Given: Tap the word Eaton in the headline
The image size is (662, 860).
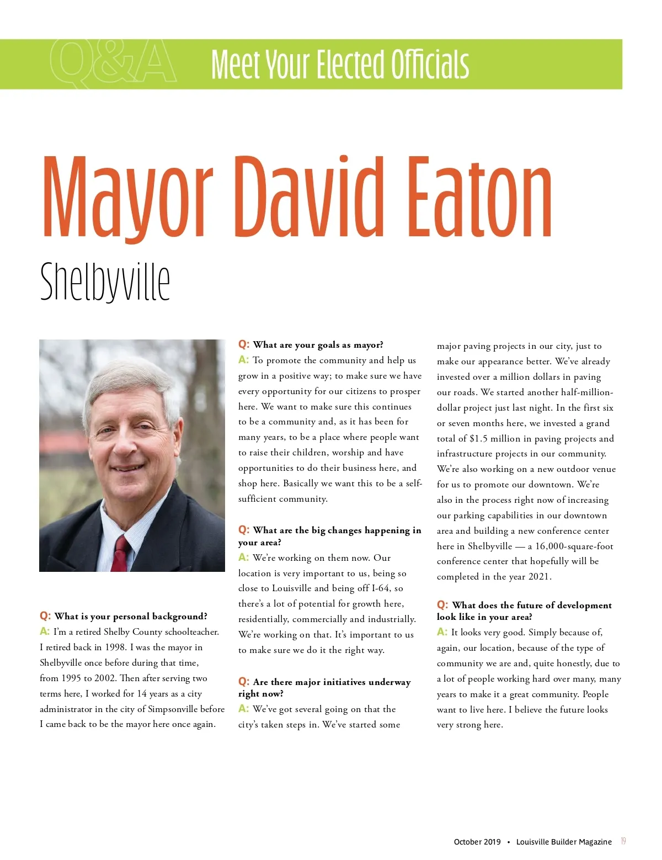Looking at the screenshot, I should tap(478, 198).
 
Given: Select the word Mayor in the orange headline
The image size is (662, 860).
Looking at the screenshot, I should tap(127, 198).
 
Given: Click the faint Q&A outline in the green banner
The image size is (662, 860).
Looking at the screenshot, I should tap(113, 63).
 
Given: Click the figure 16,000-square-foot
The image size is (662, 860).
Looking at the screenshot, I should tap(574, 546).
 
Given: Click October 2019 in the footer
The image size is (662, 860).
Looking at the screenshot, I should tap(477, 842).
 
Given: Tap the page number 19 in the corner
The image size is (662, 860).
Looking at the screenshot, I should tap(623, 841).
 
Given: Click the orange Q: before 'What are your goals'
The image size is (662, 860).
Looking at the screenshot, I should tap(244, 344).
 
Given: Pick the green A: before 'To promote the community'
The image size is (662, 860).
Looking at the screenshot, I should tap(244, 360).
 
